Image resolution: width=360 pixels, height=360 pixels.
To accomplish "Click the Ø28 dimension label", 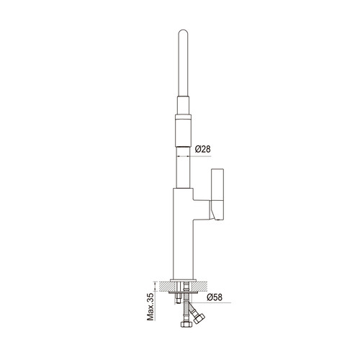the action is (203, 149).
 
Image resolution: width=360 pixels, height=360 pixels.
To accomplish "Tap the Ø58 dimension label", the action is (215, 297).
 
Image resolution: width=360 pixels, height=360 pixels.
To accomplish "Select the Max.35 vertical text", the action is (150, 307).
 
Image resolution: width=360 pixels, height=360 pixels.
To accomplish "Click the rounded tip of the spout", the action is (183, 31).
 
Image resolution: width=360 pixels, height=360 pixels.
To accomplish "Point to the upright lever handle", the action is (217, 194).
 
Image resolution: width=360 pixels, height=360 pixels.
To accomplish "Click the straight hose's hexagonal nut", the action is (186, 325).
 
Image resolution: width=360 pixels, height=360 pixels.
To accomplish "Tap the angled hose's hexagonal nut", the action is (199, 319).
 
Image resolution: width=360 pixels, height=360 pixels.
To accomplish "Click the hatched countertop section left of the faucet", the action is (163, 287).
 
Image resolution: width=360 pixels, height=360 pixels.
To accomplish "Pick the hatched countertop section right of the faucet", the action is (202, 287).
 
